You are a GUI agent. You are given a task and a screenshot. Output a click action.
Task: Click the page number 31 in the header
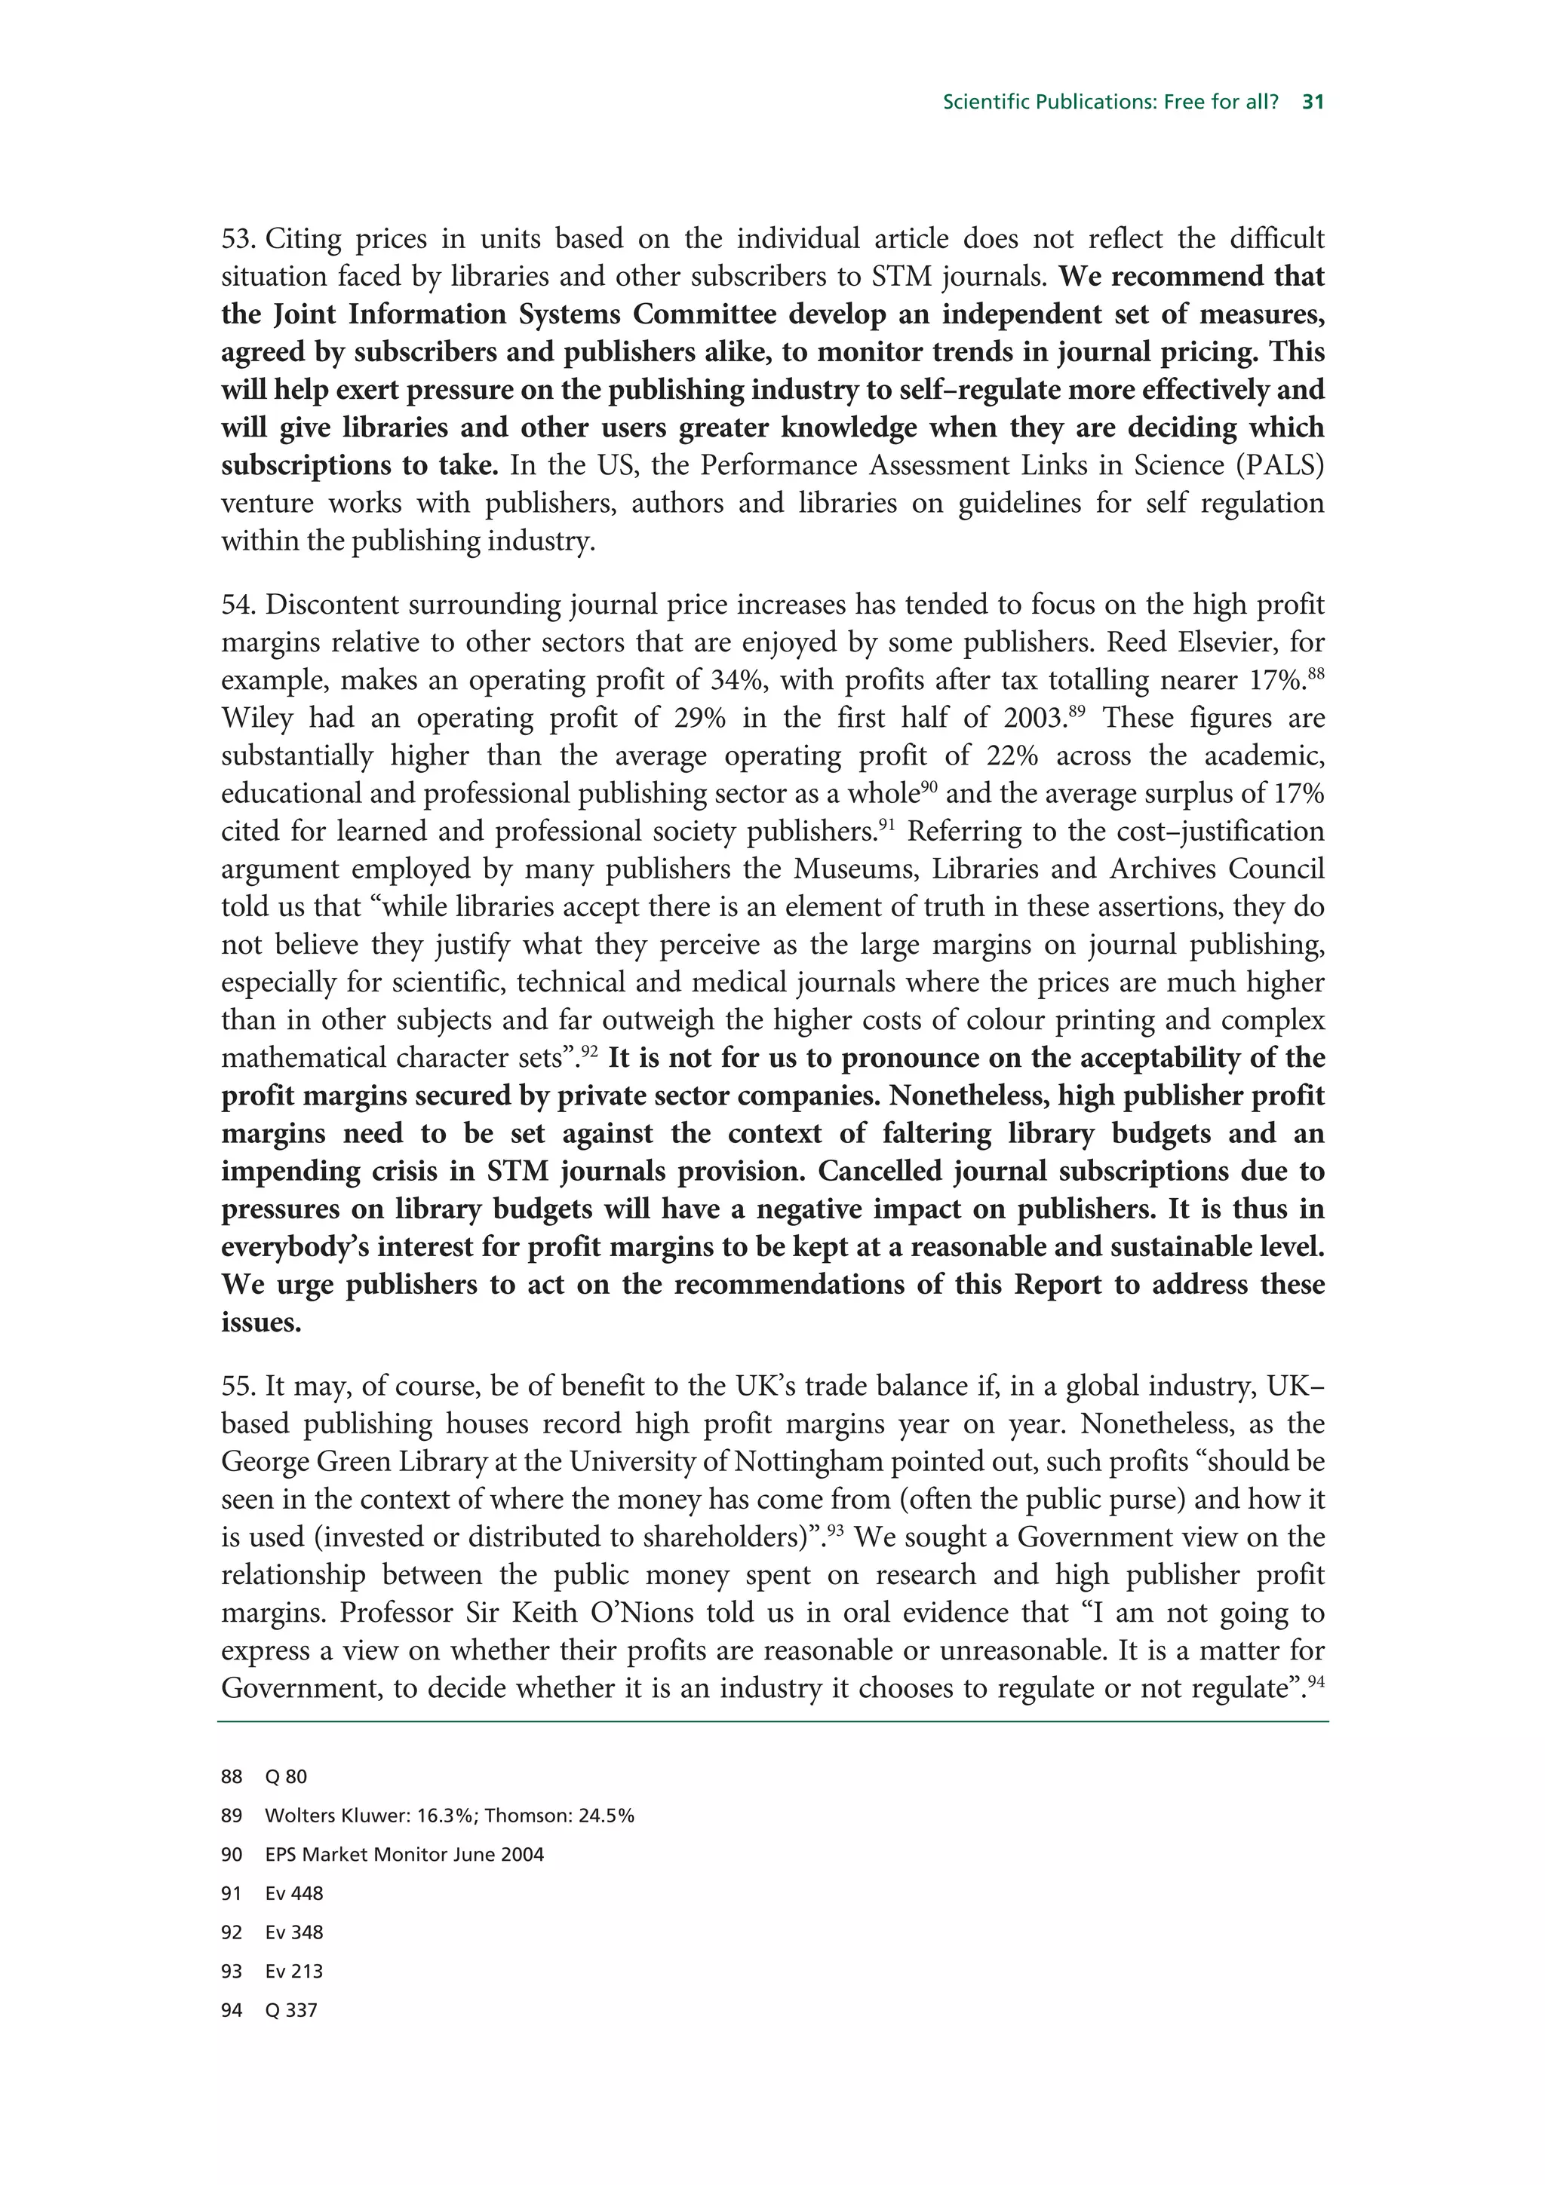1313,102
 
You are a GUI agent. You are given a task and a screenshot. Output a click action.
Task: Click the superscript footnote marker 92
588,1052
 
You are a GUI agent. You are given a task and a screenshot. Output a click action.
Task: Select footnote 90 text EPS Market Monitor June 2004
404,1855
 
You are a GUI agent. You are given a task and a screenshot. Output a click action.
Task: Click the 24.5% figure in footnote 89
606,1816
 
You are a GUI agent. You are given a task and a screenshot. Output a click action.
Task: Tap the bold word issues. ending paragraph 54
261,1322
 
